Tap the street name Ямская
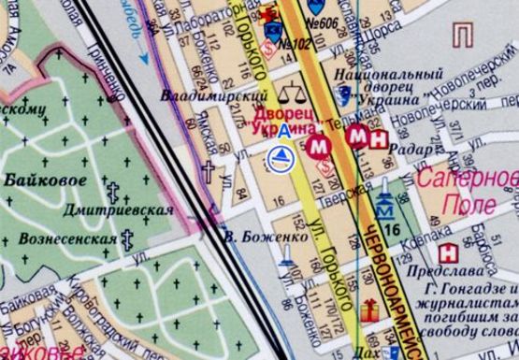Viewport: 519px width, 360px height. coord(225,141)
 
